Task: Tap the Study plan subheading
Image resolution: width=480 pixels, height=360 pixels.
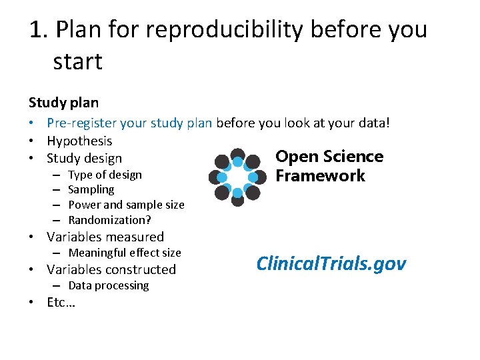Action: coord(63,103)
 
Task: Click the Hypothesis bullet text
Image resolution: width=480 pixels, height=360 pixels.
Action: coord(79,141)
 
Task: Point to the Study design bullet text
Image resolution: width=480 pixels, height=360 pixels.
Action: coord(84,159)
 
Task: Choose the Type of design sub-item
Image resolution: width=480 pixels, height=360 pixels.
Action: coord(105,175)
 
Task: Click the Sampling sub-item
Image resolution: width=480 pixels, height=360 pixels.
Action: coord(91,189)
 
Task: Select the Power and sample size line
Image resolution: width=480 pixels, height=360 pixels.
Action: coord(126,205)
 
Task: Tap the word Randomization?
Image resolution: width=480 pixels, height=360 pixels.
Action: coord(109,219)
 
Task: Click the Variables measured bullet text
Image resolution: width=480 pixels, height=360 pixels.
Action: coord(105,237)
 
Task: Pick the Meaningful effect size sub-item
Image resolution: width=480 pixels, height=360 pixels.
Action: coord(125,253)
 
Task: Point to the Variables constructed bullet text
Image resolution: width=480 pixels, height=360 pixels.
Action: coord(111,269)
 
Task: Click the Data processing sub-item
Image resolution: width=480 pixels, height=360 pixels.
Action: coord(109,285)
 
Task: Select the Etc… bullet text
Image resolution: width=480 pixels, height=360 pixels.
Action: coord(61,302)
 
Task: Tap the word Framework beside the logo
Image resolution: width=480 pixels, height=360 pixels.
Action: coord(320,176)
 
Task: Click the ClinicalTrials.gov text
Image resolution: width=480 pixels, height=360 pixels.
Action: coord(331,263)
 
